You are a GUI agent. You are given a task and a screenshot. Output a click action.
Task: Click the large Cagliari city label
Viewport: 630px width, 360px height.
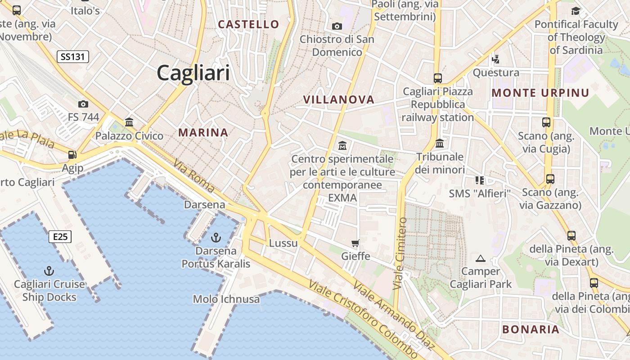[x=193, y=72]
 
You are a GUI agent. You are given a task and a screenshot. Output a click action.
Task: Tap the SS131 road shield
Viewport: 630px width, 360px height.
[x=72, y=57]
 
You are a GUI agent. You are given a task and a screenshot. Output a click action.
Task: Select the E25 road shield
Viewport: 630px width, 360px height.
[x=60, y=237]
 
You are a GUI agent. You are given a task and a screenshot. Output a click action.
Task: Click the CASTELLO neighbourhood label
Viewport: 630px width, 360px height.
[x=248, y=24]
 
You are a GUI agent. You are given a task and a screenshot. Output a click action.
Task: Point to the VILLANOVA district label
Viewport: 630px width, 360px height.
[x=339, y=99]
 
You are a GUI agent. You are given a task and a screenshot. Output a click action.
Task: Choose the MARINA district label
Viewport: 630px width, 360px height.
[x=203, y=133]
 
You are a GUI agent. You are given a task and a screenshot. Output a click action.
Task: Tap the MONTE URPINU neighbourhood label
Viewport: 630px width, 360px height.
[x=540, y=93]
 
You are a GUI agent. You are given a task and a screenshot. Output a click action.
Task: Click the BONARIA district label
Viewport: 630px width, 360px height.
[x=531, y=329]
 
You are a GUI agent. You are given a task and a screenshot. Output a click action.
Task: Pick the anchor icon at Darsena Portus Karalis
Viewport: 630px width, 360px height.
[x=216, y=237]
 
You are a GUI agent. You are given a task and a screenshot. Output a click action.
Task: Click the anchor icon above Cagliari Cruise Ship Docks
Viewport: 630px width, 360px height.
[x=49, y=270]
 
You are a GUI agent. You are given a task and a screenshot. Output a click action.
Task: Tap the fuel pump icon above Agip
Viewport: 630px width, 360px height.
[x=72, y=155]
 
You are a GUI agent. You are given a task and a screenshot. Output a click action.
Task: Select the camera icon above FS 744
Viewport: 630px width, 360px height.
[x=83, y=104]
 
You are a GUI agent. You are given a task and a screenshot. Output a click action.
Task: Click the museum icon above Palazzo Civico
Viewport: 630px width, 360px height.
[x=129, y=122]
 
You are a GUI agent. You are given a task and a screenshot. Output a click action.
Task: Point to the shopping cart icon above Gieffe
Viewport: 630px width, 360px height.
[x=355, y=243]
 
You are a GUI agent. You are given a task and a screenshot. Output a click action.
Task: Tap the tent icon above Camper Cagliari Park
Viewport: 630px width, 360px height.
[x=481, y=258]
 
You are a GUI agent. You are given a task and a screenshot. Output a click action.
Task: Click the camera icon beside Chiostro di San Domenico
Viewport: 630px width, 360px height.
[x=337, y=26]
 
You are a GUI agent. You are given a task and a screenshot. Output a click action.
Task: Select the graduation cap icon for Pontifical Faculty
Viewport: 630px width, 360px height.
[x=576, y=11]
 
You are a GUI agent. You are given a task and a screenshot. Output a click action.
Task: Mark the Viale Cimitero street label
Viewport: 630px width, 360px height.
[x=400, y=253]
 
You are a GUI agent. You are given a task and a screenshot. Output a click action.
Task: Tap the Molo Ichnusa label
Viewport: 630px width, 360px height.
[x=226, y=299]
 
